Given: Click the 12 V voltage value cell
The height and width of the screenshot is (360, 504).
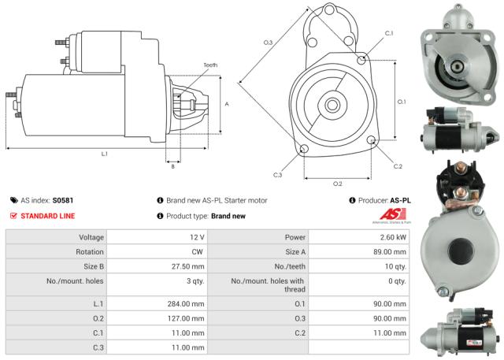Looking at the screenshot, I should [x=196, y=237].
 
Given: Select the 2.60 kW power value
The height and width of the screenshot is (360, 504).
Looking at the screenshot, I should [x=391, y=237].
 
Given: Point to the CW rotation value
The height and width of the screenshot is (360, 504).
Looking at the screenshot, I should [x=198, y=252].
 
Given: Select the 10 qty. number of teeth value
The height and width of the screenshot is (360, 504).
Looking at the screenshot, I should [x=394, y=266].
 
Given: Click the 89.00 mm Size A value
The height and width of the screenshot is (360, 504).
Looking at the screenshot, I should [x=389, y=252].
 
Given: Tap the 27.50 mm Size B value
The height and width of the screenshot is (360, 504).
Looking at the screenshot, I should [x=187, y=266].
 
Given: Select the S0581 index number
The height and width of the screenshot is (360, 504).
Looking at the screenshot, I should [x=63, y=201].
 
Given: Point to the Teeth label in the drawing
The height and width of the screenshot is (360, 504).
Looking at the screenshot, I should [x=210, y=65].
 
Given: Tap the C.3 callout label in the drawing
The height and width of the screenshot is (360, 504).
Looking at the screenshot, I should [x=278, y=175].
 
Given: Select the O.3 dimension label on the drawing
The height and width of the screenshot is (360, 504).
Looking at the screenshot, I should [x=268, y=42].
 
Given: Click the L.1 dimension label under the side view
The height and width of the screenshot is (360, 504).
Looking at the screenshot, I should [x=105, y=154].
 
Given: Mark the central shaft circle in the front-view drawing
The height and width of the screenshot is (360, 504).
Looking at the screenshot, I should [x=332, y=104].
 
